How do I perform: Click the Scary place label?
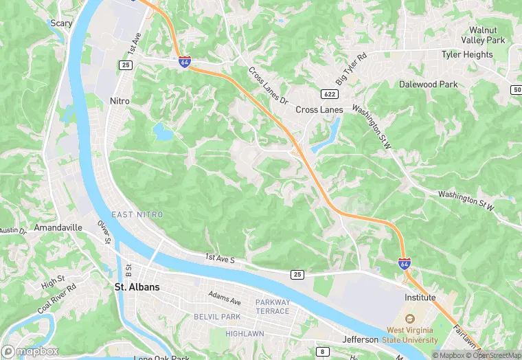[x=62, y=23]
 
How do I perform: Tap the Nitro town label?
[x=120, y=101]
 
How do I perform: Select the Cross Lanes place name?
[x=319, y=110]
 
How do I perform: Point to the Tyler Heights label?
[x=467, y=54]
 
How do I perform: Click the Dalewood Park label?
[x=428, y=85]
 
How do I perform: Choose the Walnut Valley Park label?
[x=487, y=35]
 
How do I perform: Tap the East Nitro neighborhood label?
[x=137, y=215]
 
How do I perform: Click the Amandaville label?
[x=58, y=227]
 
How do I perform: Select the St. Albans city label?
[x=137, y=287]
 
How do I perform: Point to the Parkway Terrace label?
[x=273, y=306]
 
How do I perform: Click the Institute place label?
[x=420, y=297]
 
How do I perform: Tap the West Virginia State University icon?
[x=411, y=318]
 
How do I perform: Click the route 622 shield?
[x=329, y=93]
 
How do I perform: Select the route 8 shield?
[x=322, y=352]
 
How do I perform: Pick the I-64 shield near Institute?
[x=405, y=263]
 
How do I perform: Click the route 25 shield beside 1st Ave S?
[x=297, y=274]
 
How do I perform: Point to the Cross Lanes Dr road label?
[x=267, y=85]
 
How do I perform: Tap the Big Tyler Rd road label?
[x=352, y=67]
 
